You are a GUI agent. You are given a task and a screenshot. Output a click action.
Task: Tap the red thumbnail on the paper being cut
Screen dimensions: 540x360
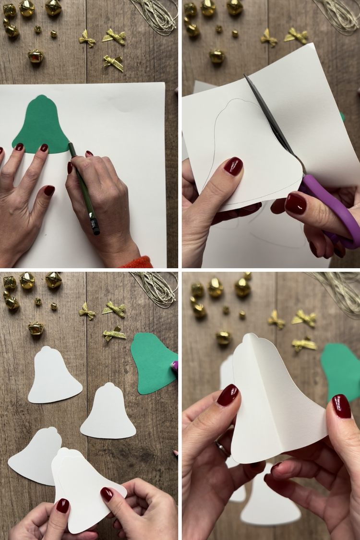[x=233, y=166]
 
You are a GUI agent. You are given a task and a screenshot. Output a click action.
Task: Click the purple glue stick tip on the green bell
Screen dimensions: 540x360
[x=175, y=367]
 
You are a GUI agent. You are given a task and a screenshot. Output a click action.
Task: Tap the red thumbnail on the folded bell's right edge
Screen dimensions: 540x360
[x=341, y=406]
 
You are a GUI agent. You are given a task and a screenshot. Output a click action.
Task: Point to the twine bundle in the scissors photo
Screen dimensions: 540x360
[x=336, y=14]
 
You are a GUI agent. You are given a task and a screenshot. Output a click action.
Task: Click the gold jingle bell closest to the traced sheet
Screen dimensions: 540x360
[x=36, y=57]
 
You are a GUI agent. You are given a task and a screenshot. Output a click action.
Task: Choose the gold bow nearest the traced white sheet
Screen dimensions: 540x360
[x=113, y=62]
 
